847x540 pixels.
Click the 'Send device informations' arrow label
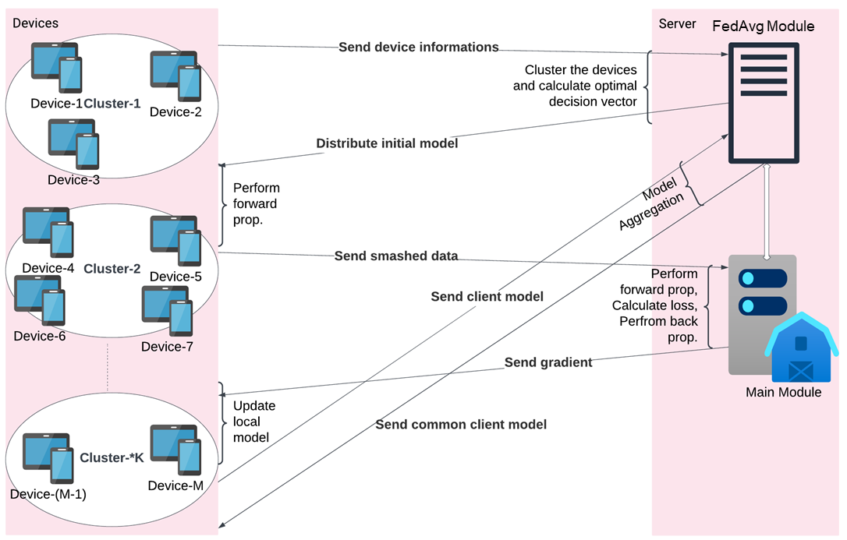(418, 48)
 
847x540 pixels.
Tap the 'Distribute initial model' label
(387, 144)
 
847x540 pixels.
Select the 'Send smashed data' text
(395, 256)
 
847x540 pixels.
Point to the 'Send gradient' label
(548, 362)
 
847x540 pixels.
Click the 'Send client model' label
(487, 297)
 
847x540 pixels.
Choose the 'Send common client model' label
(460, 425)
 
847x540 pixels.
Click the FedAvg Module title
(763, 26)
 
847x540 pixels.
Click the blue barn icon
(800, 348)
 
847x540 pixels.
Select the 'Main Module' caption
(783, 393)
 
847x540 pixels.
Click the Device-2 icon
(175, 76)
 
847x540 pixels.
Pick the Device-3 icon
(73, 144)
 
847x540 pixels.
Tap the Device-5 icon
(175, 241)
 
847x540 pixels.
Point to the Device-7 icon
(167, 310)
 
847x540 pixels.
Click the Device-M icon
(175, 450)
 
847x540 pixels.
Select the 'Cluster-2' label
(112, 269)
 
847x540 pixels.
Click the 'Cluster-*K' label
(112, 458)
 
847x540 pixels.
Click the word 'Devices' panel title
(35, 23)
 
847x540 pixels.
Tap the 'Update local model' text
(254, 422)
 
